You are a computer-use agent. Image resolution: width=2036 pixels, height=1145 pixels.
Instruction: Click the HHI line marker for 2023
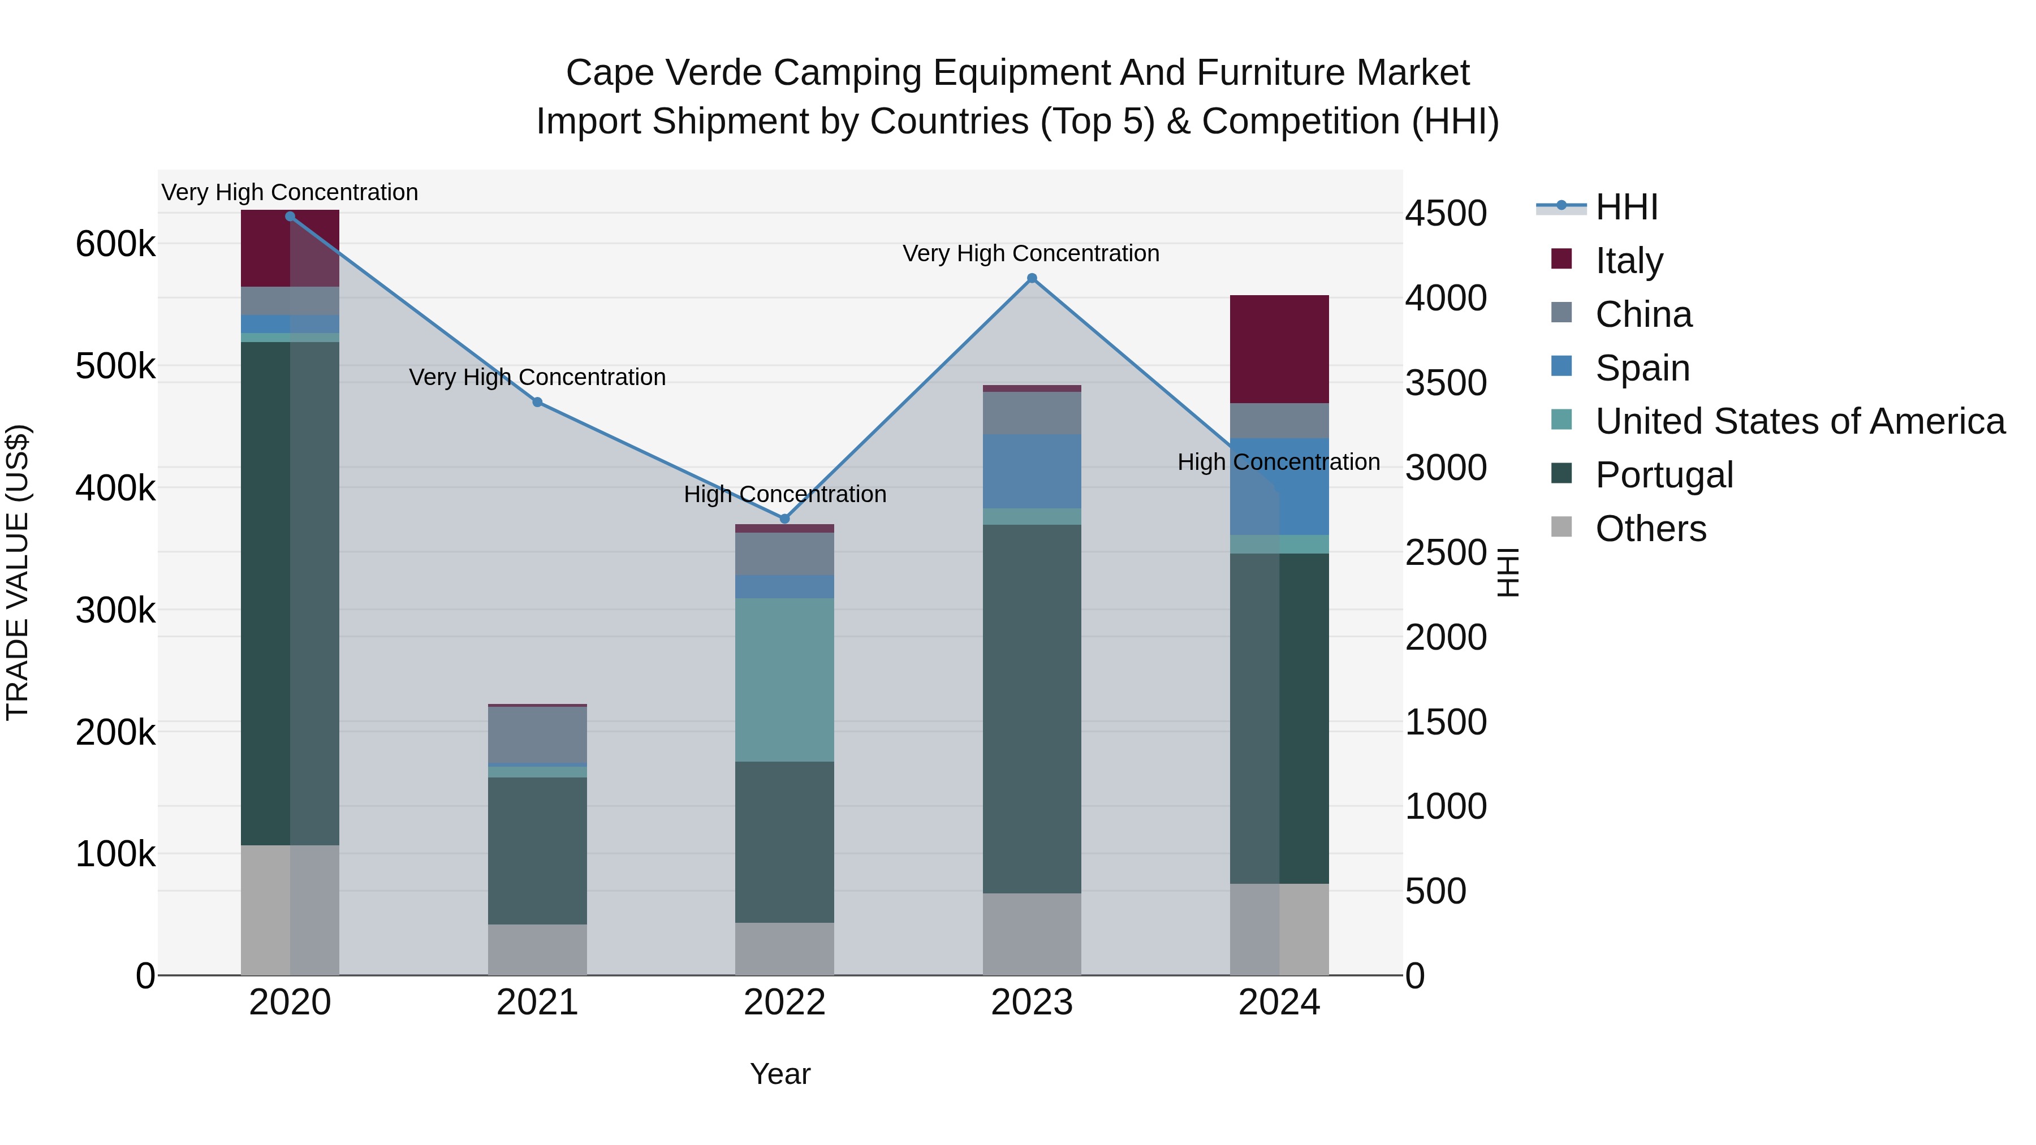click(1032, 278)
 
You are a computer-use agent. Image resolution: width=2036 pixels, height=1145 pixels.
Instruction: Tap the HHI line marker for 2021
click(537, 402)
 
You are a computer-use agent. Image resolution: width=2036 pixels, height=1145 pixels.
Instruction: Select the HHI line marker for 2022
click(785, 519)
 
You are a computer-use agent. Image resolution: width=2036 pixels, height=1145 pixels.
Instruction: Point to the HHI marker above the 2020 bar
click(290, 217)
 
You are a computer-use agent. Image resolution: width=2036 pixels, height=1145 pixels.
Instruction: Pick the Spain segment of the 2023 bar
click(1032, 471)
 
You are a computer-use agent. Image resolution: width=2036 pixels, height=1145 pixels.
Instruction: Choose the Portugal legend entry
click(1664, 475)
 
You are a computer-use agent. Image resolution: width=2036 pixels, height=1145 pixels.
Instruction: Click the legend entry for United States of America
click(1800, 421)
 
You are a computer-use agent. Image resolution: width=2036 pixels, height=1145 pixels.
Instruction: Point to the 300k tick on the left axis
click(115, 610)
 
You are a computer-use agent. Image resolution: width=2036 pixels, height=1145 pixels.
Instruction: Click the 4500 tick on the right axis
click(1446, 213)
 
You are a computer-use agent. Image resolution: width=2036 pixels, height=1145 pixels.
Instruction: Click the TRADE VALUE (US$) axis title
click(18, 572)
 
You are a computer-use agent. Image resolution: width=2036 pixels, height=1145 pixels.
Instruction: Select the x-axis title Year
click(780, 1074)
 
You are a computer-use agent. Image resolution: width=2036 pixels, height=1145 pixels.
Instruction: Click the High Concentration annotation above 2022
click(785, 495)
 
